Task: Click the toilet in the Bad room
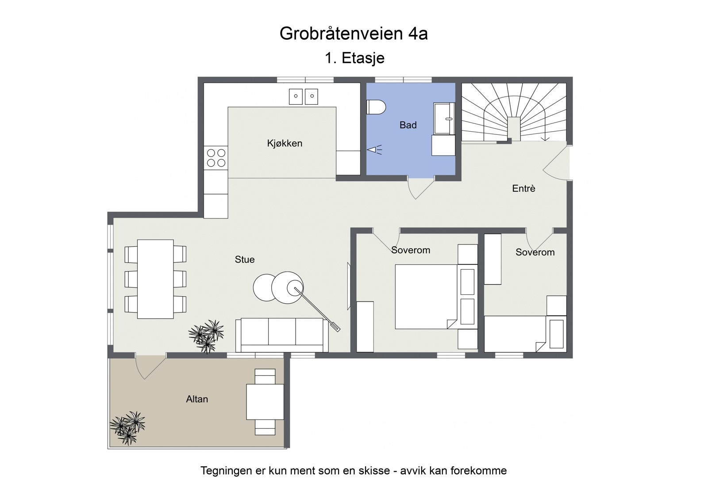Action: pyautogui.click(x=376, y=107)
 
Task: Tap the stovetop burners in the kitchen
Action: pyautogui.click(x=216, y=158)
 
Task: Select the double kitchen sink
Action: pyautogui.click(x=304, y=96)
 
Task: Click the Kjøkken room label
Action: pyautogui.click(x=285, y=143)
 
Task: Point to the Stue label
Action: pyautogui.click(x=244, y=260)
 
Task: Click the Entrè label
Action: pyautogui.click(x=523, y=188)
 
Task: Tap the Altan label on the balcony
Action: pyautogui.click(x=197, y=399)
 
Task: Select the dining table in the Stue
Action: pyautogui.click(x=155, y=279)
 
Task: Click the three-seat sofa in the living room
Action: pyautogui.click(x=282, y=334)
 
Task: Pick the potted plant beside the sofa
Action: pyautogui.click(x=207, y=335)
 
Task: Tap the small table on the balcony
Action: pyautogui.click(x=265, y=402)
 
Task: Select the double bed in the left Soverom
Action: pyautogui.click(x=425, y=297)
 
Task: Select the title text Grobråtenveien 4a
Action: pyautogui.click(x=354, y=34)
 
